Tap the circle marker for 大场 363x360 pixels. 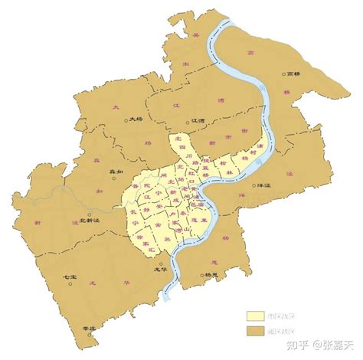(x=127, y=119)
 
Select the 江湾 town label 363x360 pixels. (x=201, y=119)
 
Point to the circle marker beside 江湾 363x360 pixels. (x=190, y=119)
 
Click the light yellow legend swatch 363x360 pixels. (x=257, y=316)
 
